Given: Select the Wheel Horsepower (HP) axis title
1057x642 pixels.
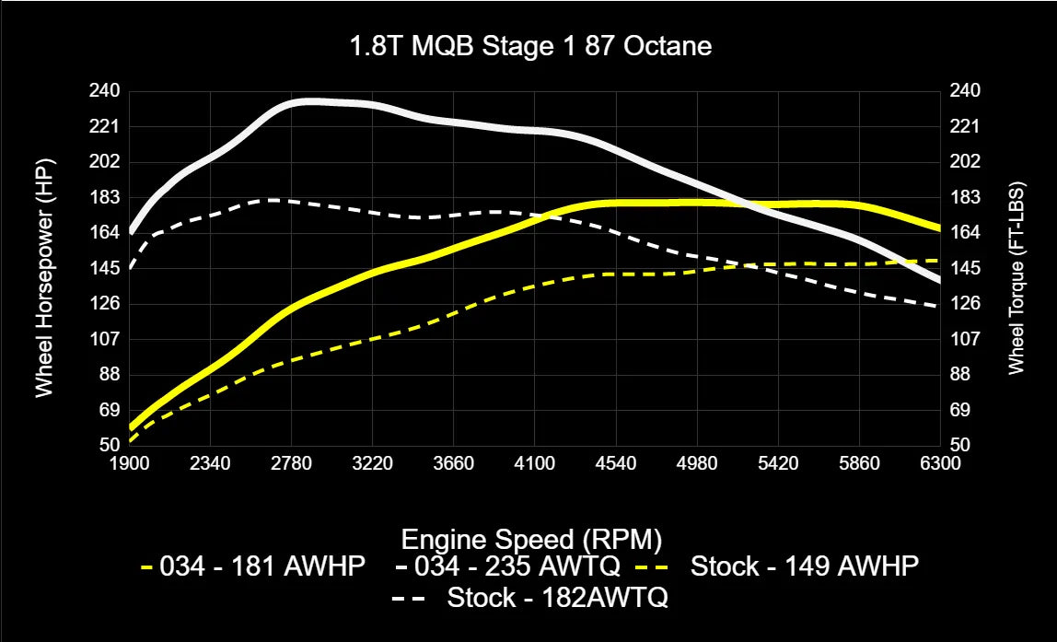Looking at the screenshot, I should pos(43,266).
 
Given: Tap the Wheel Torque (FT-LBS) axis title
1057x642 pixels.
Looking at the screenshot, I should pos(1016,266).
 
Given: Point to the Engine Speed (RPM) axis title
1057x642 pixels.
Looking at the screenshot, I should pos(531,538).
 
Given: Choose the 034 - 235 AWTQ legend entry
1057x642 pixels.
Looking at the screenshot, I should pos(508,566).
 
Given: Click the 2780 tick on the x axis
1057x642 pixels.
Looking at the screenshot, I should pos(291,463).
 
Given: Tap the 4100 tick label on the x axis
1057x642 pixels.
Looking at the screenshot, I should pos(534,463).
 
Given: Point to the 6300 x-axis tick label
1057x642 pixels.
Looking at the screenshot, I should pos(939,463).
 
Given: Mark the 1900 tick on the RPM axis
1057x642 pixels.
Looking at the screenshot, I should pos(130,463).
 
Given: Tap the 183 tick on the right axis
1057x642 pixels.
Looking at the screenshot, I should pos(965,197).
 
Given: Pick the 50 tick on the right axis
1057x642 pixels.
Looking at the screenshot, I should pos(961,445).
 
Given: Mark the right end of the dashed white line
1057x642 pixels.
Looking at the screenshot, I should pos(938,306).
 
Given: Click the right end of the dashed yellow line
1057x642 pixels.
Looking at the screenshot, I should pos(938,261).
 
